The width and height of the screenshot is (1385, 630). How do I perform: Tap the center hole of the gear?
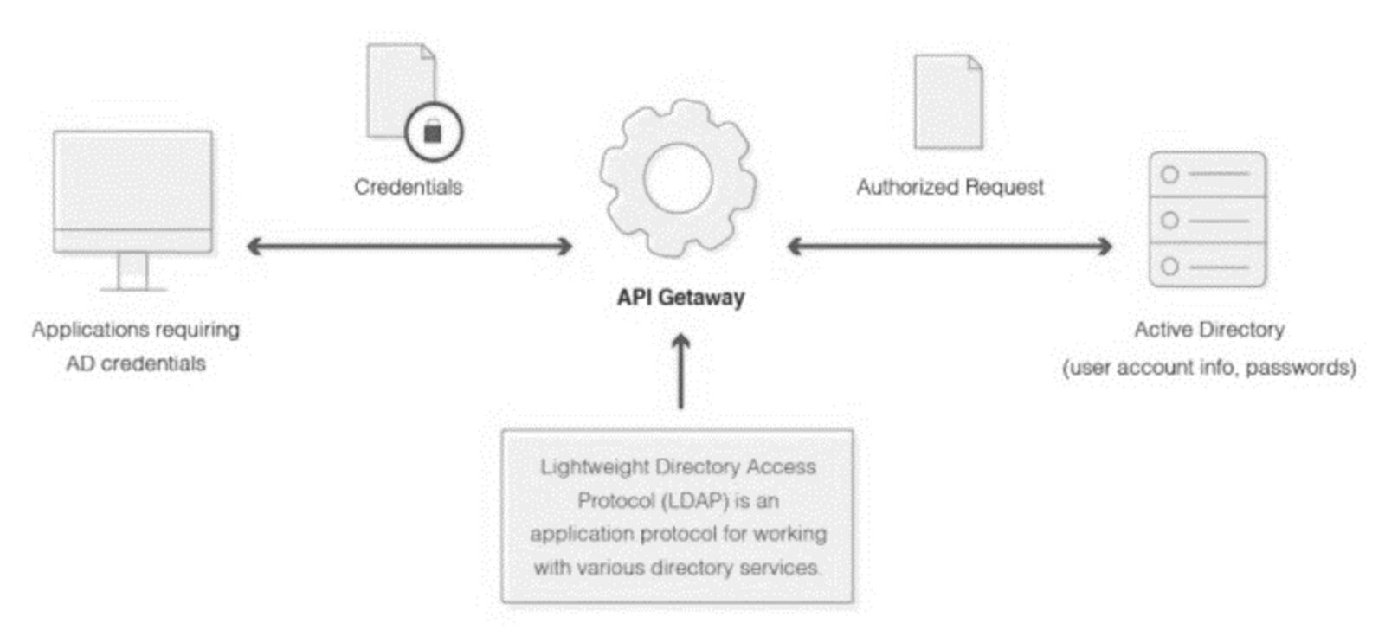click(x=678, y=179)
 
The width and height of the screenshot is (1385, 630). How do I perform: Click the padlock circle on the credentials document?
click(x=434, y=132)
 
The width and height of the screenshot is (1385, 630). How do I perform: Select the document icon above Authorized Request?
click(x=948, y=101)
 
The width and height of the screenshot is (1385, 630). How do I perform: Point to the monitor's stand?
click(x=132, y=272)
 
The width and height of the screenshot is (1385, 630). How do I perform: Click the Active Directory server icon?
click(x=1207, y=219)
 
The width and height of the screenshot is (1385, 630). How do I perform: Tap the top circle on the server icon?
click(x=1169, y=175)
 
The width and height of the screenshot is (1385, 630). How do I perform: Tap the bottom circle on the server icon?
click(x=1169, y=266)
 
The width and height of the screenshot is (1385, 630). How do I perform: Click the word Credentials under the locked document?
click(x=408, y=187)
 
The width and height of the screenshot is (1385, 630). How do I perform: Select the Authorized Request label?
click(x=950, y=187)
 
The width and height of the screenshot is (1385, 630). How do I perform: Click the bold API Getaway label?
click(x=680, y=298)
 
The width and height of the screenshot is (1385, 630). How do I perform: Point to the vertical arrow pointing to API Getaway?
click(x=681, y=372)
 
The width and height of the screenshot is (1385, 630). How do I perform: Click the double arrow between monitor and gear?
click(x=409, y=247)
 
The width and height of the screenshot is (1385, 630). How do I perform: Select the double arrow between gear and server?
click(x=950, y=247)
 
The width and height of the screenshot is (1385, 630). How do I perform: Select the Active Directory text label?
click(x=1209, y=330)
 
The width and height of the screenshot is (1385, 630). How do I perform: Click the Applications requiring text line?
click(x=136, y=330)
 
